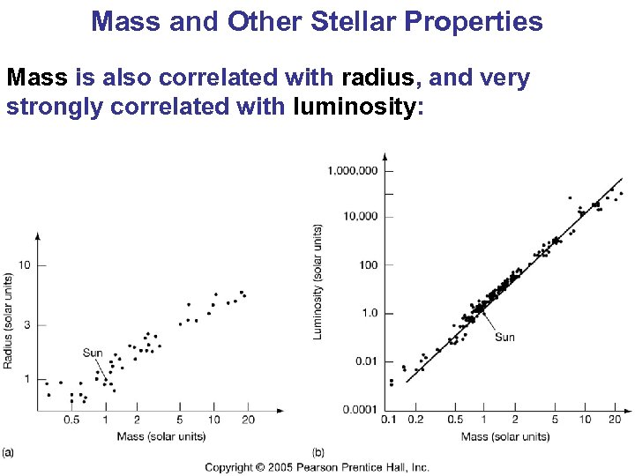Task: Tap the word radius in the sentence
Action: pyautogui.click(x=381, y=78)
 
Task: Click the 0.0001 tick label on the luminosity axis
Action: pyautogui.click(x=361, y=409)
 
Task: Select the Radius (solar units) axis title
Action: pyautogui.click(x=8, y=320)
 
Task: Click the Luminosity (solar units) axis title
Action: pyautogui.click(x=317, y=281)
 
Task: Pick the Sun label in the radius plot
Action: pyautogui.click(x=93, y=353)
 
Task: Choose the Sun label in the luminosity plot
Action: pyautogui.click(x=504, y=337)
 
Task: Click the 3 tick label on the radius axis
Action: pyautogui.click(x=26, y=325)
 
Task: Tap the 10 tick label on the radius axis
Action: pyautogui.click(x=25, y=265)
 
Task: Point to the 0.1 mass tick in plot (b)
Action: pyautogui.click(x=388, y=420)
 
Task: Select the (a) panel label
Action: pyautogui.click(x=7, y=452)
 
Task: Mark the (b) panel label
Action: pyautogui.click(x=319, y=452)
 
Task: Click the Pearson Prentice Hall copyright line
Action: pyautogui.click(x=317, y=467)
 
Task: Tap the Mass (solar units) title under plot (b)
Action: pyautogui.click(x=504, y=436)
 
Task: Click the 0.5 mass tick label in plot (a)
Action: pyautogui.click(x=71, y=420)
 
